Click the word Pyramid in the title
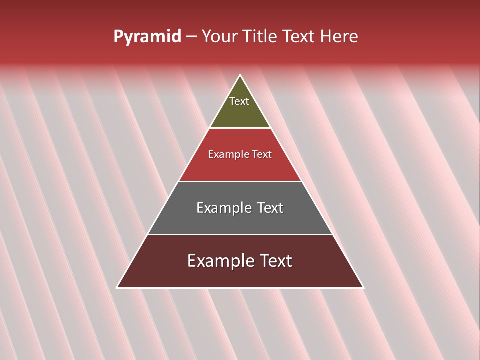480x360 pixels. (x=147, y=37)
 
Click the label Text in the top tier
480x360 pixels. (x=239, y=101)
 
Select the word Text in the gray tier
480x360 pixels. (x=270, y=208)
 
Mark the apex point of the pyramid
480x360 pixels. (x=240, y=75)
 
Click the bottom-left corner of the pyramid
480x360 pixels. (x=117, y=287)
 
